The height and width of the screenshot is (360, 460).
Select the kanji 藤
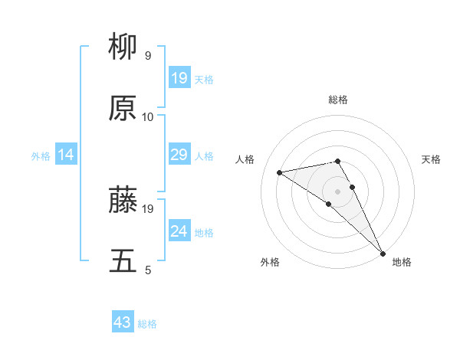(123, 200)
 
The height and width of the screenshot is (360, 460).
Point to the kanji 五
(123, 260)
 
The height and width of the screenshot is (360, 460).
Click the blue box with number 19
(179, 78)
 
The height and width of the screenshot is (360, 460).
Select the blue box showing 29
(179, 155)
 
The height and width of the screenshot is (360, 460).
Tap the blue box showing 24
(179, 231)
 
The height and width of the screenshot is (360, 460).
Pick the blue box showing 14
(66, 155)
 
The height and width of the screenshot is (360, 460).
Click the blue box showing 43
(123, 322)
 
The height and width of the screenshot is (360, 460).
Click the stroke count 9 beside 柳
(148, 56)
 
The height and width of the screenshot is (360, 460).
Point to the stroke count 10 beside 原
(148, 116)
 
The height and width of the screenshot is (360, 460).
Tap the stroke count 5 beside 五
(148, 270)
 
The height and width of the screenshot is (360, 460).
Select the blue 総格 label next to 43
(147, 324)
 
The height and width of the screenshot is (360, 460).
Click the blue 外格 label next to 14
(41, 156)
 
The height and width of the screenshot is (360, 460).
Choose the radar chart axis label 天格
(431, 159)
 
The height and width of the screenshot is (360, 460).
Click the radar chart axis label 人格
(245, 159)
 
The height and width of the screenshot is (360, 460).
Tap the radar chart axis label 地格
(402, 262)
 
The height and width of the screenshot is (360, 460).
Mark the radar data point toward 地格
(382, 253)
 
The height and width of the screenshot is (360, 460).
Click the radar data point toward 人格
(280, 172)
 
